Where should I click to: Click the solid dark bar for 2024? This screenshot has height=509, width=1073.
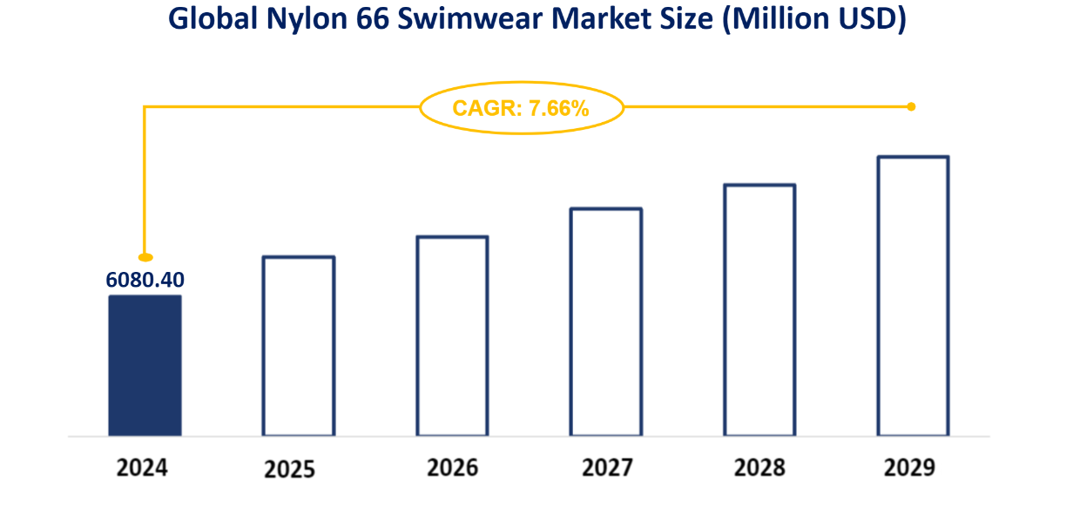coord(145,365)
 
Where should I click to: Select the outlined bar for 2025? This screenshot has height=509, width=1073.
coord(298,346)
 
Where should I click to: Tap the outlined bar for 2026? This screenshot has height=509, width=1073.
coord(452,336)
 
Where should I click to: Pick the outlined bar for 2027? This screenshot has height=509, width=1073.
coord(606,322)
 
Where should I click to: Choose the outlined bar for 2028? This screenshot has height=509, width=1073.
coord(759,310)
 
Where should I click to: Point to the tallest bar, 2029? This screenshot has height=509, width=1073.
coord(913,296)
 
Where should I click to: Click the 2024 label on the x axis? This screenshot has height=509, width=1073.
coord(142,467)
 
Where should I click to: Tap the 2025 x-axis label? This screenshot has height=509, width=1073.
coord(290,470)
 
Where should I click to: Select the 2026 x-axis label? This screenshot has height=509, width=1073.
coord(452,467)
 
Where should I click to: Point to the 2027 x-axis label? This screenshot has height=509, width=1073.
coord(607,467)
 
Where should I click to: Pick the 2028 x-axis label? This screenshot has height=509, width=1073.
coord(759,467)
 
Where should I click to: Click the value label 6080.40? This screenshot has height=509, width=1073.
coord(146,281)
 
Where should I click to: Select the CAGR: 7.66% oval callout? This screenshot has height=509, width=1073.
coord(522,108)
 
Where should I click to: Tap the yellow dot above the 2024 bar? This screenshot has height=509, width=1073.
coord(146,257)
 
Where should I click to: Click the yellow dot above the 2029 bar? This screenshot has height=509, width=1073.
coord(911,107)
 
